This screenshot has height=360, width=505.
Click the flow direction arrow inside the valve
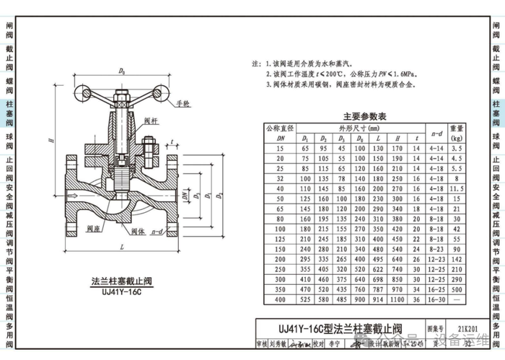(x=73, y=195)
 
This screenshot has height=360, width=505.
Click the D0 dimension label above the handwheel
(x=122, y=71)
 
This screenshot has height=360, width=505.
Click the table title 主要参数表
(x=385, y=116)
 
